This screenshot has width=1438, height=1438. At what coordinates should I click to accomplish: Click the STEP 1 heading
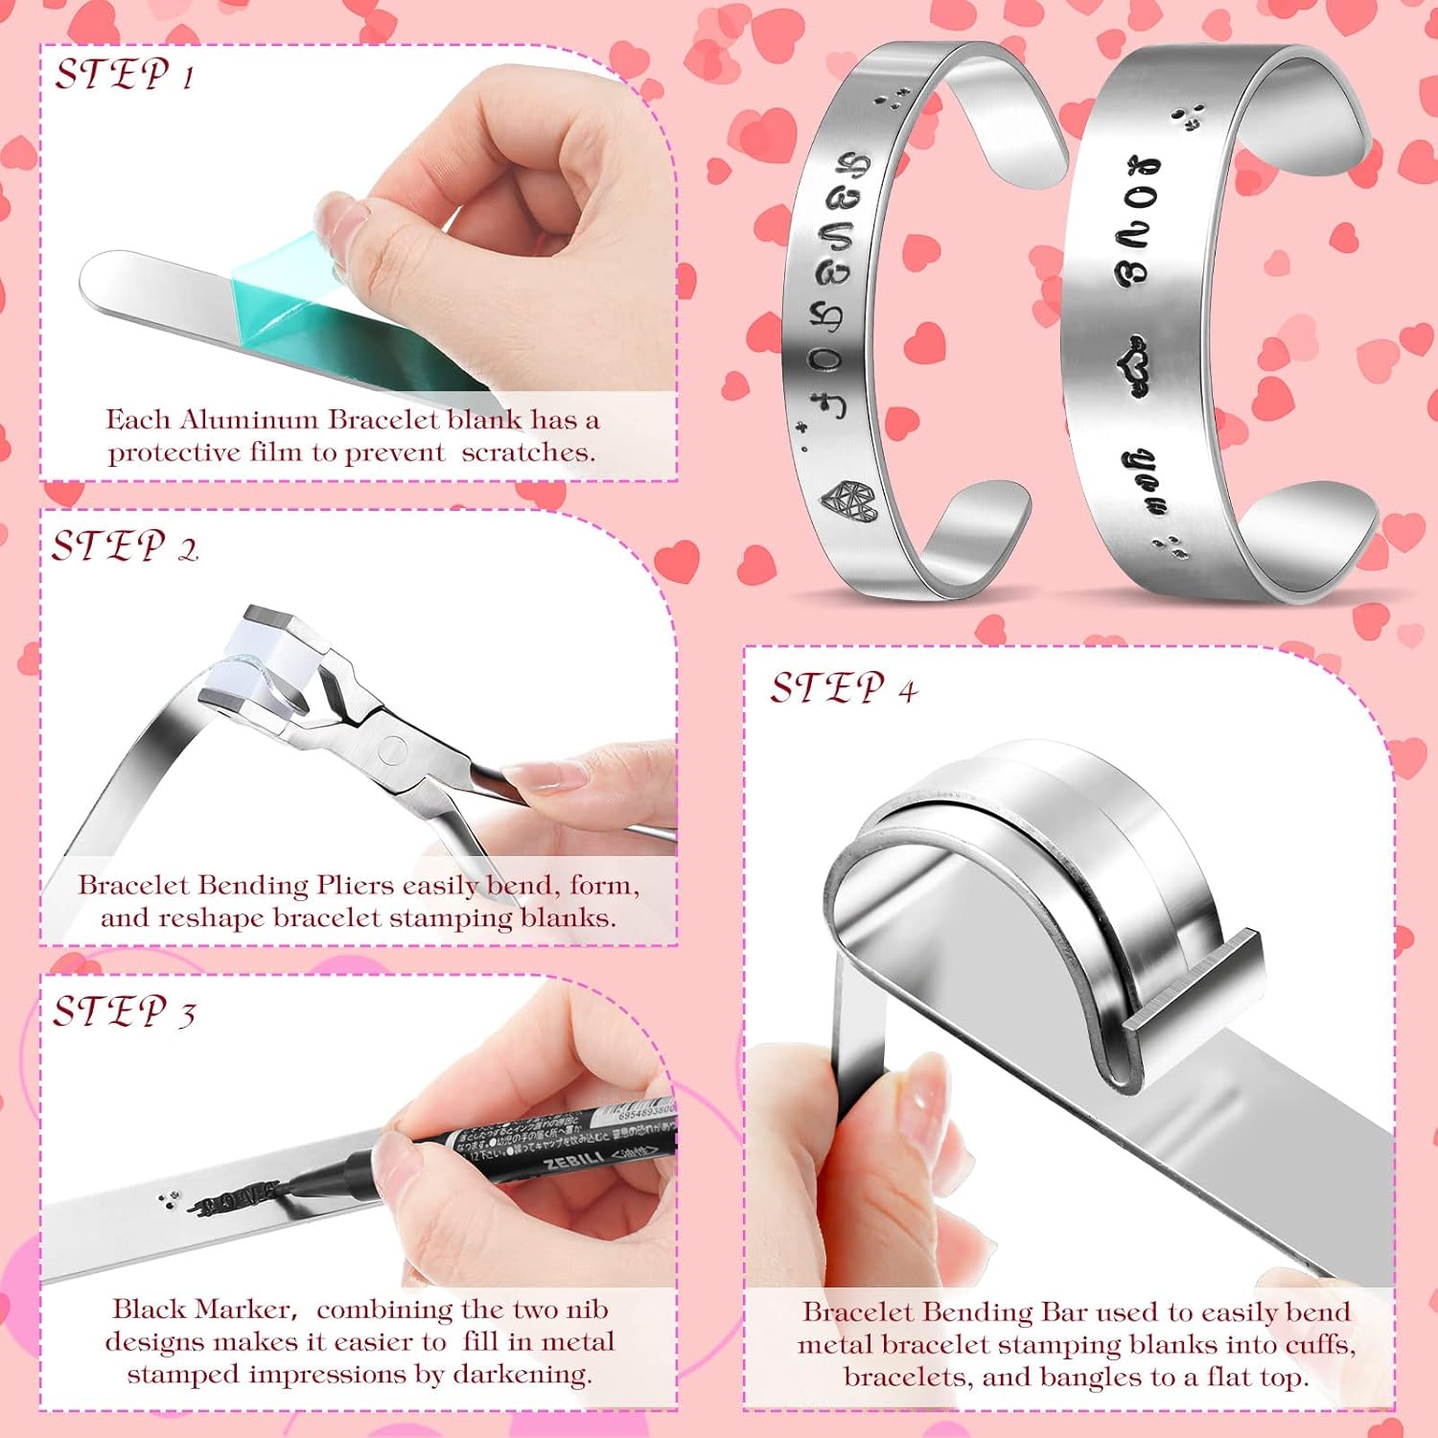tap(125, 75)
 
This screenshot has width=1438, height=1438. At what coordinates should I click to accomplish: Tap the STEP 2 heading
tap(125, 546)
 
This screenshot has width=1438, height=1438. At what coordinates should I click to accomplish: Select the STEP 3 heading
tap(125, 1011)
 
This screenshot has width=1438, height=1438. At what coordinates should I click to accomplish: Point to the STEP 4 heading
tap(844, 687)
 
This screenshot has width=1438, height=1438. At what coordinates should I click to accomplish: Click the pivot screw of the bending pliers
tap(392, 749)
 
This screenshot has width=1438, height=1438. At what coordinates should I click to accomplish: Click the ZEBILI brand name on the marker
tap(574, 1162)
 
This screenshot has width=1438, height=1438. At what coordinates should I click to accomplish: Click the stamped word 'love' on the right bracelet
tap(1138, 221)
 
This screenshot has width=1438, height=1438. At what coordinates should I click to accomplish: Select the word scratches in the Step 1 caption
tap(527, 452)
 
